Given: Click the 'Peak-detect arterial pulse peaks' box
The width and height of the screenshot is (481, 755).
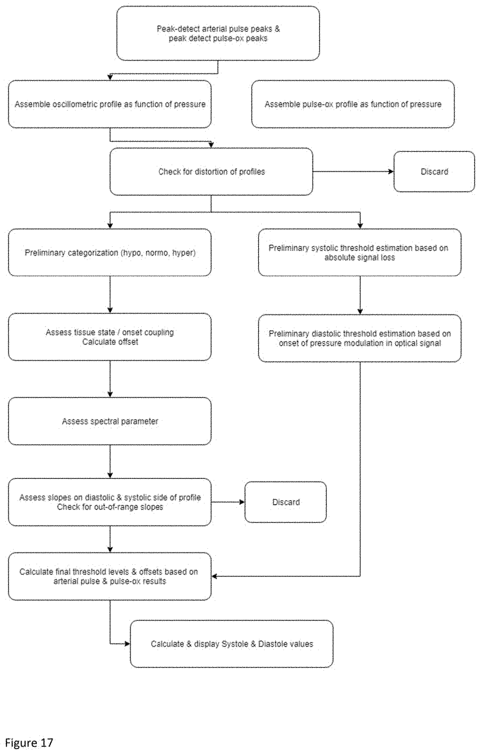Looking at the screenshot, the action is pos(218,33).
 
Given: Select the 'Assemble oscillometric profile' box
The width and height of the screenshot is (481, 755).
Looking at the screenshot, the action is pos(110,104).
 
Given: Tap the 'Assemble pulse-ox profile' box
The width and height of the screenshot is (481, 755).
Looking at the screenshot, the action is pos(353,104).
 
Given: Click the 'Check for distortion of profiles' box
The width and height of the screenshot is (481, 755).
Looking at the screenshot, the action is pos(211,171).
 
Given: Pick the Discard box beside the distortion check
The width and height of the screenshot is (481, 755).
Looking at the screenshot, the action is pos(434,171).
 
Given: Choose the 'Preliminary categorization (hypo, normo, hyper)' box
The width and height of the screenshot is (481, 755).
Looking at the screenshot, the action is pos(110,253).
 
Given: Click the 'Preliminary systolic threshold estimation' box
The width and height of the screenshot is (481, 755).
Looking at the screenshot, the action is pos(360,253).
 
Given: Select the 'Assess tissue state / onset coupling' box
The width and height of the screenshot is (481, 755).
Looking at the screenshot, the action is pos(110,337).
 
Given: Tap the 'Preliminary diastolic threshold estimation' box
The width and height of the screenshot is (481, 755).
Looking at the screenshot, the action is pos(360,338).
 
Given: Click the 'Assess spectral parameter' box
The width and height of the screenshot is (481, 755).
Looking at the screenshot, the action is pos(110,421).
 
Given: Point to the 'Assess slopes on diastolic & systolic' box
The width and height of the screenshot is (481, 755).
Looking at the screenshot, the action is pos(110,502).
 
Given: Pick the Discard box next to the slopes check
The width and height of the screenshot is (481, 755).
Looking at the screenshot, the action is pos(286,502).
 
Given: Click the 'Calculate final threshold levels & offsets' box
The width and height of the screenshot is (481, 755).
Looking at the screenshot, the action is pos(110,576).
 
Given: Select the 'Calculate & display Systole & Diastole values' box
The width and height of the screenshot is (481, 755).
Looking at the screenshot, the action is pos(232,644).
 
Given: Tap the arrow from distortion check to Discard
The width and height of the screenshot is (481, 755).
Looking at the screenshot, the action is pos(353,171).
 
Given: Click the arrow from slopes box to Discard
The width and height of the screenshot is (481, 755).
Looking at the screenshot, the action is pos(228,502).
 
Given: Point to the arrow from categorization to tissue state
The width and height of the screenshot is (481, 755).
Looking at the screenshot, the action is pos(110,295).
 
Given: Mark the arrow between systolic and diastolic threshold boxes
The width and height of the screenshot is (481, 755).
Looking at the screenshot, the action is pos(360,295).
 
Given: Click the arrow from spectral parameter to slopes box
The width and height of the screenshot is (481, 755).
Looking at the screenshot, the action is pos(110,461).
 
